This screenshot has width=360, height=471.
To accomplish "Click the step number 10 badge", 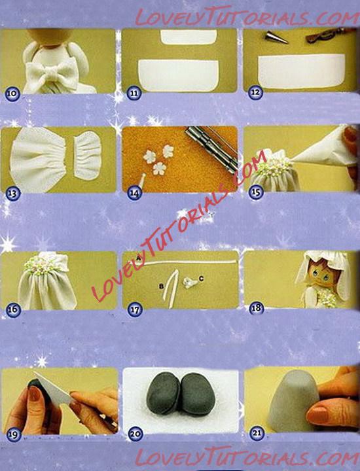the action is click(12, 94).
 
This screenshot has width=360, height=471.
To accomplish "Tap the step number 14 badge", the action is click(134, 193).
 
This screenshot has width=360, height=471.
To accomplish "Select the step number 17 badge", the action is click(135, 309).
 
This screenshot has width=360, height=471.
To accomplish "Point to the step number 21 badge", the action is click(257, 433).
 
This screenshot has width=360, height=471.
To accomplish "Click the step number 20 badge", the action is click(135, 434).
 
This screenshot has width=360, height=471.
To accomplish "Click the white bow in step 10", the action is click(52, 73).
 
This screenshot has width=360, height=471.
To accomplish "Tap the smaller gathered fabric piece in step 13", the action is click(87, 155).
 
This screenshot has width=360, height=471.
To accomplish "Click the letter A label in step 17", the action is click(139, 258).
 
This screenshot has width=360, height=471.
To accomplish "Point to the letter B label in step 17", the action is click(162, 287).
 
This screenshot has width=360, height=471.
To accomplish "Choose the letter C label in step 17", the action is click(201, 279).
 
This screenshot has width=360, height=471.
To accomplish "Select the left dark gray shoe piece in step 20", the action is click(163, 393).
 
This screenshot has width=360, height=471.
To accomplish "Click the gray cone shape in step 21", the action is click(293, 401).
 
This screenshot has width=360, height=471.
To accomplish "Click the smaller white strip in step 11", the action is click(189, 37).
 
